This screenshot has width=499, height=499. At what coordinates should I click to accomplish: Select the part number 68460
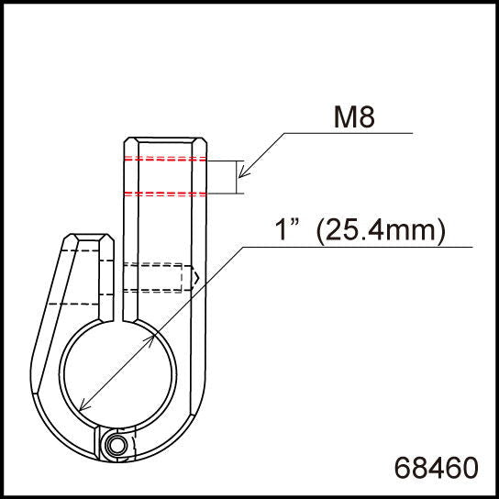pyautogui.click(x=436, y=467)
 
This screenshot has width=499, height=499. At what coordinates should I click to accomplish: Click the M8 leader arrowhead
pyautogui.click(x=243, y=175)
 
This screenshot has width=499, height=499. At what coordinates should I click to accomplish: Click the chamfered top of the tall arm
pyautogui.click(x=167, y=142)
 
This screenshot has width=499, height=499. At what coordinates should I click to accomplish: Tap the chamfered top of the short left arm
pyautogui.click(x=88, y=239)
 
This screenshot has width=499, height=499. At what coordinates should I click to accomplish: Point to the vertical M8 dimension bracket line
pyautogui.click(x=238, y=176)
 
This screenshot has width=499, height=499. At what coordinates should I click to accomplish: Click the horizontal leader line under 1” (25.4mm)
pyautogui.click(x=358, y=247)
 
